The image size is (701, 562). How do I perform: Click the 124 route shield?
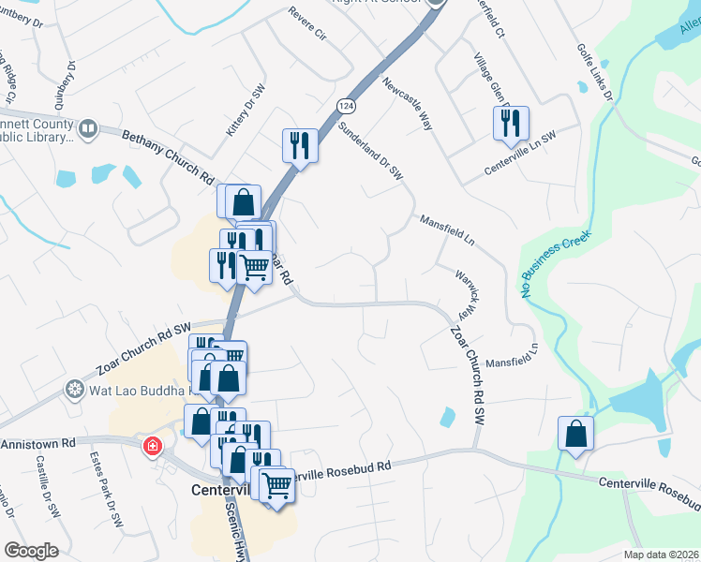[346, 106]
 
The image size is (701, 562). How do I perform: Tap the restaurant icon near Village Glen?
[511, 123]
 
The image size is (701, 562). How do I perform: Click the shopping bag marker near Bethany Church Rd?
[243, 201]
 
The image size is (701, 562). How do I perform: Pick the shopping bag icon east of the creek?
[574, 434]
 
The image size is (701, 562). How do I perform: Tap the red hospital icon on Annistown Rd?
[151, 447]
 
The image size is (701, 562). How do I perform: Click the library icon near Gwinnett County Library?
[88, 128]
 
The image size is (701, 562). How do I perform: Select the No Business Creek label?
[556, 264]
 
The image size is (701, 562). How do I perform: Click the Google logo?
[31, 551]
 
